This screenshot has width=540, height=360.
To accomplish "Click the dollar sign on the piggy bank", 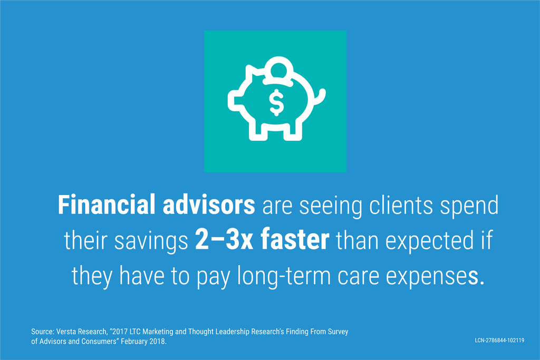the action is click(x=276, y=103).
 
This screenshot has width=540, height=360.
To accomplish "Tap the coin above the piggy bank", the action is click(x=279, y=70).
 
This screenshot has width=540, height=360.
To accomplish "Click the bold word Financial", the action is click(x=107, y=205).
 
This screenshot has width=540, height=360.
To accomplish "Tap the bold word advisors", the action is click(x=209, y=205).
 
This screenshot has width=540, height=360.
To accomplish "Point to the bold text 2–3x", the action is click(x=224, y=240).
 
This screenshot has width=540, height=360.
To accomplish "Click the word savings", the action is click(x=151, y=242).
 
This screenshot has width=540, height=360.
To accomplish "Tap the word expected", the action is click(x=429, y=241).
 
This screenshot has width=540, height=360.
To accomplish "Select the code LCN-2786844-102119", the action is click(x=499, y=340).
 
